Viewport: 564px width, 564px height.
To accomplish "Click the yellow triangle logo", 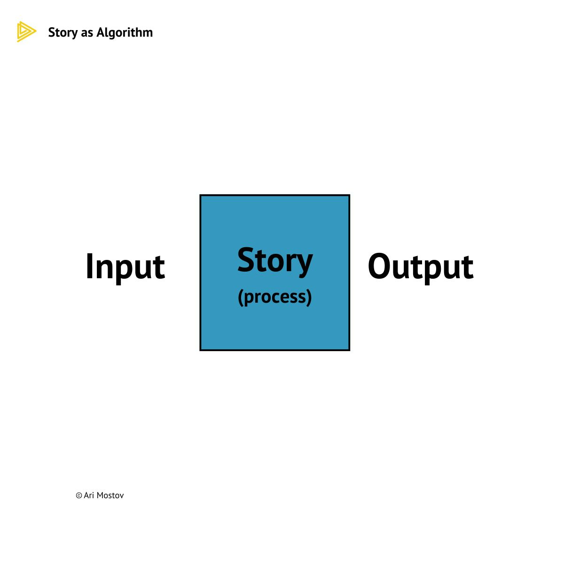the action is click(x=25, y=32).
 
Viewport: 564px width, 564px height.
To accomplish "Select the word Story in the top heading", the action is click(x=63, y=32).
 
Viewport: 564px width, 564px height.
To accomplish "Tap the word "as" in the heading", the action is click(x=87, y=33).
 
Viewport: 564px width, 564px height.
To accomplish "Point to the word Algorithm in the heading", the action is click(x=125, y=32).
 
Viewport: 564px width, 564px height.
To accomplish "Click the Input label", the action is click(x=125, y=267).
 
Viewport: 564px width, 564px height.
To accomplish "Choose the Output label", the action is click(x=421, y=267).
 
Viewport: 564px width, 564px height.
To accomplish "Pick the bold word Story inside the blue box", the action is click(x=275, y=261).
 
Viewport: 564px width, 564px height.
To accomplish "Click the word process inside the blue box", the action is click(x=275, y=297).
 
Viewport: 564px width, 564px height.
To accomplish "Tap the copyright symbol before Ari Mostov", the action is click(x=79, y=495).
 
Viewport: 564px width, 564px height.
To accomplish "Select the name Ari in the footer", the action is click(x=89, y=495).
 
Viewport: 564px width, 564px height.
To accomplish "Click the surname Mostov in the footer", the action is click(x=110, y=495).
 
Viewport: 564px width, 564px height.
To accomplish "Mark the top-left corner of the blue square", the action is click(x=201, y=196).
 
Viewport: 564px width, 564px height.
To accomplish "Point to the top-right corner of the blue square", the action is click(x=349, y=196).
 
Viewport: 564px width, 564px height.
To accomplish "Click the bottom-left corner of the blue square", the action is click(x=201, y=350).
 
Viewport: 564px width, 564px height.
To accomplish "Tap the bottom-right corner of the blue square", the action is click(x=349, y=350).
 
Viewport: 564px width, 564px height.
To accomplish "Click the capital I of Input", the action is click(x=89, y=266).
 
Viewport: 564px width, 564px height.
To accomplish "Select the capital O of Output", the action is click(x=380, y=266).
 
